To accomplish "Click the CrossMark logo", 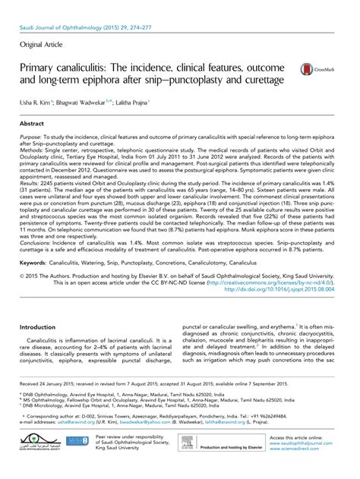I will click(317, 68).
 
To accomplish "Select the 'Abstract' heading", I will click(32, 122).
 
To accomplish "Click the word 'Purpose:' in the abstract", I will click(33, 136).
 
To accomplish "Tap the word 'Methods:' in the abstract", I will click(33, 149).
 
